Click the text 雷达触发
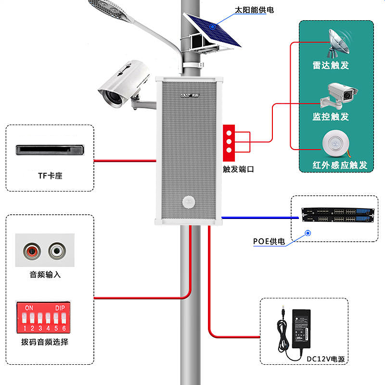[x=331, y=65]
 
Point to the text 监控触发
[x=331, y=116]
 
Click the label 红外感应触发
[x=340, y=165]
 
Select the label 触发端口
[x=238, y=169]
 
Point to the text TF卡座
[x=50, y=176]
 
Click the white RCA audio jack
[x=57, y=250]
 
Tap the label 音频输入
[x=45, y=275]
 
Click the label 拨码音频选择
[x=45, y=342]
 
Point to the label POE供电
[x=269, y=241]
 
